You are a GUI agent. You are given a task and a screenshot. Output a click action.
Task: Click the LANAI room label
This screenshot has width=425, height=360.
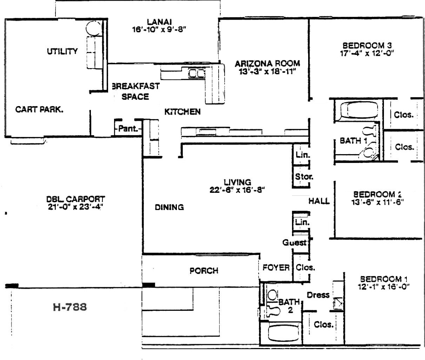coord(159,22)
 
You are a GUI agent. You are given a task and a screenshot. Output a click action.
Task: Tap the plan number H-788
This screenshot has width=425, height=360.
coord(70,307)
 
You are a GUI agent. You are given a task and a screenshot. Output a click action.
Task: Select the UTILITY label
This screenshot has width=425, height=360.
coord(62,51)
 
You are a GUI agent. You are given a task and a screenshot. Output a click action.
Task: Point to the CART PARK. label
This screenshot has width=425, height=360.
coord(39,109)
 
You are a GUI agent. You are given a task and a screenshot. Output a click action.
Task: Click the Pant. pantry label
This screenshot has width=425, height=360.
coord(128,129)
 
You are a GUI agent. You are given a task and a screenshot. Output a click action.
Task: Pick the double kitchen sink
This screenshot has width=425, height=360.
coord(197,73)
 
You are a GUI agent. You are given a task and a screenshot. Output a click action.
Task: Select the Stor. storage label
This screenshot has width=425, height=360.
coord(304,177)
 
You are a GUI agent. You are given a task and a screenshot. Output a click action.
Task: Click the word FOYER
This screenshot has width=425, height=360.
coord(276,268)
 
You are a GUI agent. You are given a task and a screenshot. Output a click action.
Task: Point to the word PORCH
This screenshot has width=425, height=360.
coord(204,271)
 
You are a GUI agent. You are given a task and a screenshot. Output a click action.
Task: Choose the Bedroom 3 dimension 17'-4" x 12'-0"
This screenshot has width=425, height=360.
coord(367,53)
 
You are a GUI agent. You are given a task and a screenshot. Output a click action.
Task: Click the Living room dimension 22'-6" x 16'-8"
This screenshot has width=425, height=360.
coord(237,190)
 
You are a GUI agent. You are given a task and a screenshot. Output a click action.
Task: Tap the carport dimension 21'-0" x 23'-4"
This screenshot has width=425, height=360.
coord(75,207)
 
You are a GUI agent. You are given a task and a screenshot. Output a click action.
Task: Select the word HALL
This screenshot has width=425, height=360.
coord(319,201)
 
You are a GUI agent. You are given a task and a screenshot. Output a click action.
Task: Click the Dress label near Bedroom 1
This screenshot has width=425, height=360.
coord(318,295)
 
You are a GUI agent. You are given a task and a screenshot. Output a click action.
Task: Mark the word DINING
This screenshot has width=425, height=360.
coord(169,207)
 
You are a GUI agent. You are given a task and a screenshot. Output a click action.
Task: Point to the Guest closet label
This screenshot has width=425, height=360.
coord(294,242)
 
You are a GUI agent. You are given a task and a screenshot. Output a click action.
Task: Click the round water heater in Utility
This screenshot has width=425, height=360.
coord(94,28)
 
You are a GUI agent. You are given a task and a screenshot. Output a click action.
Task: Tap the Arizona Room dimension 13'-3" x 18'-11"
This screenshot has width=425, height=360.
coord(267,72)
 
